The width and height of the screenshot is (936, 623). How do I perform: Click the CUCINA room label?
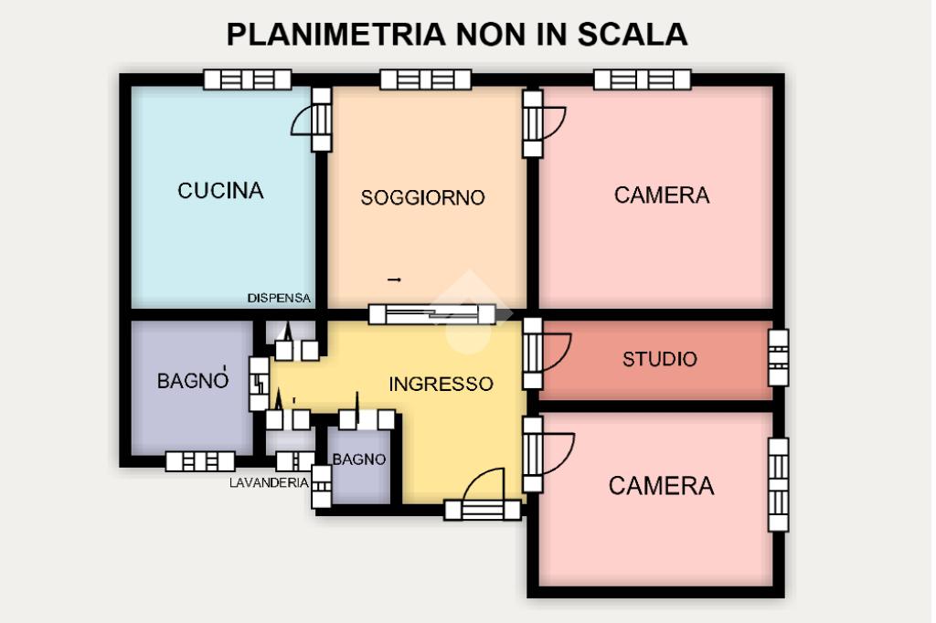coord(220,191)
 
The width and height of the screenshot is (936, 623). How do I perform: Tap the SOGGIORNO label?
coord(422,197)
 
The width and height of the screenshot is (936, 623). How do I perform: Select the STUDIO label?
coord(659,359)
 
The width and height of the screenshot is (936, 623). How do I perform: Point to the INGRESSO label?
coord(441,385)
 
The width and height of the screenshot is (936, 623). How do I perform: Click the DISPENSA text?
coord(279,299)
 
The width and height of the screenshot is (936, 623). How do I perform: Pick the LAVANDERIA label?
coord(269,483)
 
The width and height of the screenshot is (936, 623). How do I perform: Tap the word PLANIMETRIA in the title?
coord(336,34)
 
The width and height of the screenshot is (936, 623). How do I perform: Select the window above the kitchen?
coord(247,80)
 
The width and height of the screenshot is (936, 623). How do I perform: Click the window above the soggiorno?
coord(425,80)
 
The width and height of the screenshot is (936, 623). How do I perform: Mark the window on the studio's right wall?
coord(777,358)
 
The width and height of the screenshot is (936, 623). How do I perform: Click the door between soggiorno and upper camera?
coord(533,122)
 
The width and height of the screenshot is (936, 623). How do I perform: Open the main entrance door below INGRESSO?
coord(483,510)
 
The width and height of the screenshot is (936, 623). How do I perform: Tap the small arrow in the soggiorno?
coord(395,279)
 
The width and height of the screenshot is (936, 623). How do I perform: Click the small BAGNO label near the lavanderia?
coord(358,459)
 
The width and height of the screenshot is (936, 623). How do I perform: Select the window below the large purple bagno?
coord(199,462)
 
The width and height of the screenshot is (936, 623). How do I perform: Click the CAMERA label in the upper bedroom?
coord(662,195)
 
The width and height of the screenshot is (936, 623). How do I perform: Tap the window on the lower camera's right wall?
coord(777,484)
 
